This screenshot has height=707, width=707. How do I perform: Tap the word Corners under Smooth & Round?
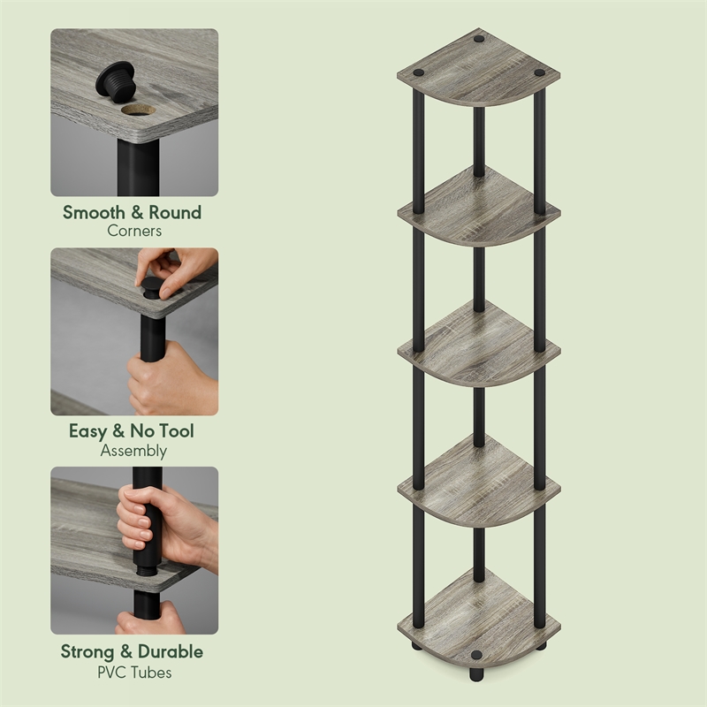point(134,232)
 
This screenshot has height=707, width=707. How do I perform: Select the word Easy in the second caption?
point(88,432)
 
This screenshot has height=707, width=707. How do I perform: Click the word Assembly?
point(134,451)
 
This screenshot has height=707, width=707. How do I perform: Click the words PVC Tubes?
point(134,672)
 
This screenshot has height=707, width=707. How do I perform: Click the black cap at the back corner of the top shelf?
point(478,40)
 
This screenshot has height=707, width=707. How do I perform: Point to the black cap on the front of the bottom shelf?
point(478,656)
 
